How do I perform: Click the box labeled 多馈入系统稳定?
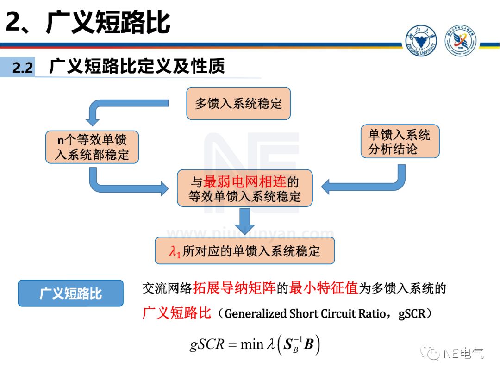(x=238, y=103)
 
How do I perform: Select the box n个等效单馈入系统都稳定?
(x=92, y=147)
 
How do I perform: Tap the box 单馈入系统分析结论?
(x=399, y=142)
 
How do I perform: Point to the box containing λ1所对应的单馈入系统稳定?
(x=244, y=251)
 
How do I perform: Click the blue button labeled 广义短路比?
(x=70, y=293)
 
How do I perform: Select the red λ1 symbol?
(x=175, y=252)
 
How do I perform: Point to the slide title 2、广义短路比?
(x=88, y=22)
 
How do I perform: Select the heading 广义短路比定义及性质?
(x=137, y=66)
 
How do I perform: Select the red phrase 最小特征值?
(x=324, y=289)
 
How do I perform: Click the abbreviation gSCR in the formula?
(x=207, y=344)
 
